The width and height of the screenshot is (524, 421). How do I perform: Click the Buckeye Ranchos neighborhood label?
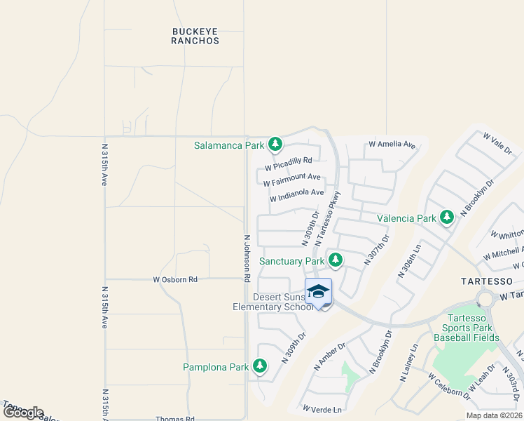(195, 36)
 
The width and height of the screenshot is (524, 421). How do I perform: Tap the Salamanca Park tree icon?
(275, 145)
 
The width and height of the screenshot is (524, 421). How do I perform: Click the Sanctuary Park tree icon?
(336, 260)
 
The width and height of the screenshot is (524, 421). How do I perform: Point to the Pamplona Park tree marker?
(260, 366)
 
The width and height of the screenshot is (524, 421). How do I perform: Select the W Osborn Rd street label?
(175, 279)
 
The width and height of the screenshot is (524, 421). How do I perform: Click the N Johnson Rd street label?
(247, 258)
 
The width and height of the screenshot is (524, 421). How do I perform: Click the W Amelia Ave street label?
(392, 145)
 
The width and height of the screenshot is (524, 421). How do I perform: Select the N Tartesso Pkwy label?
(328, 218)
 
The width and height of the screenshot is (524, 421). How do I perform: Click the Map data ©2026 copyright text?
(494, 415)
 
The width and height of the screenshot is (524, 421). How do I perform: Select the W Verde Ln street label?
(322, 409)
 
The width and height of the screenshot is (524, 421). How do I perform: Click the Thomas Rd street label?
(175, 419)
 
